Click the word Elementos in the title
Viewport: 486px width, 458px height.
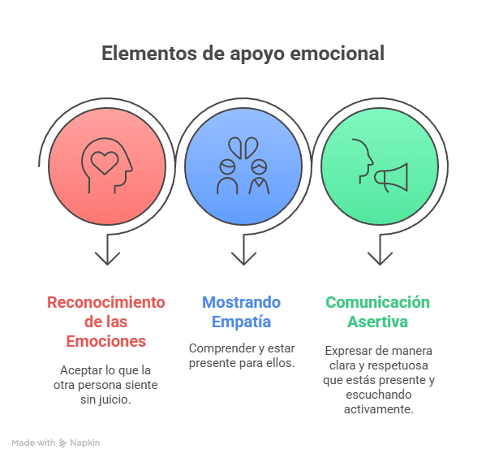click(149, 53)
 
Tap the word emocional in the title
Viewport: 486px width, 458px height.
click(338, 53)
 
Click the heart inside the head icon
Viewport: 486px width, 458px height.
click(105, 162)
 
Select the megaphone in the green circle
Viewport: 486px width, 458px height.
click(391, 177)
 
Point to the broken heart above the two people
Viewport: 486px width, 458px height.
click(243, 148)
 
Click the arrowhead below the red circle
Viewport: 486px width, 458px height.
click(107, 258)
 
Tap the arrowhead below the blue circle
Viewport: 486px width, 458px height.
click(243, 258)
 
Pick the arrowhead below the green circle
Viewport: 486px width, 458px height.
click(380, 258)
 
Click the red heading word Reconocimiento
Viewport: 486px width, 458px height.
click(106, 302)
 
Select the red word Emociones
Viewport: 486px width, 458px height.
click(106, 341)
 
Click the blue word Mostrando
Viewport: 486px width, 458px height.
click(242, 302)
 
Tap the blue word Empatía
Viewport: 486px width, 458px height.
click(242, 322)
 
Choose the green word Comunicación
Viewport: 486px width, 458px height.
click(378, 302)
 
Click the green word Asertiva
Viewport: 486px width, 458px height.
click(378, 322)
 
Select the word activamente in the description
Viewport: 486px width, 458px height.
click(379, 409)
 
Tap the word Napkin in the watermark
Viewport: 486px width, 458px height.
click(85, 443)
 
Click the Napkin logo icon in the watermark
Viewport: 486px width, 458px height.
click(63, 443)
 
